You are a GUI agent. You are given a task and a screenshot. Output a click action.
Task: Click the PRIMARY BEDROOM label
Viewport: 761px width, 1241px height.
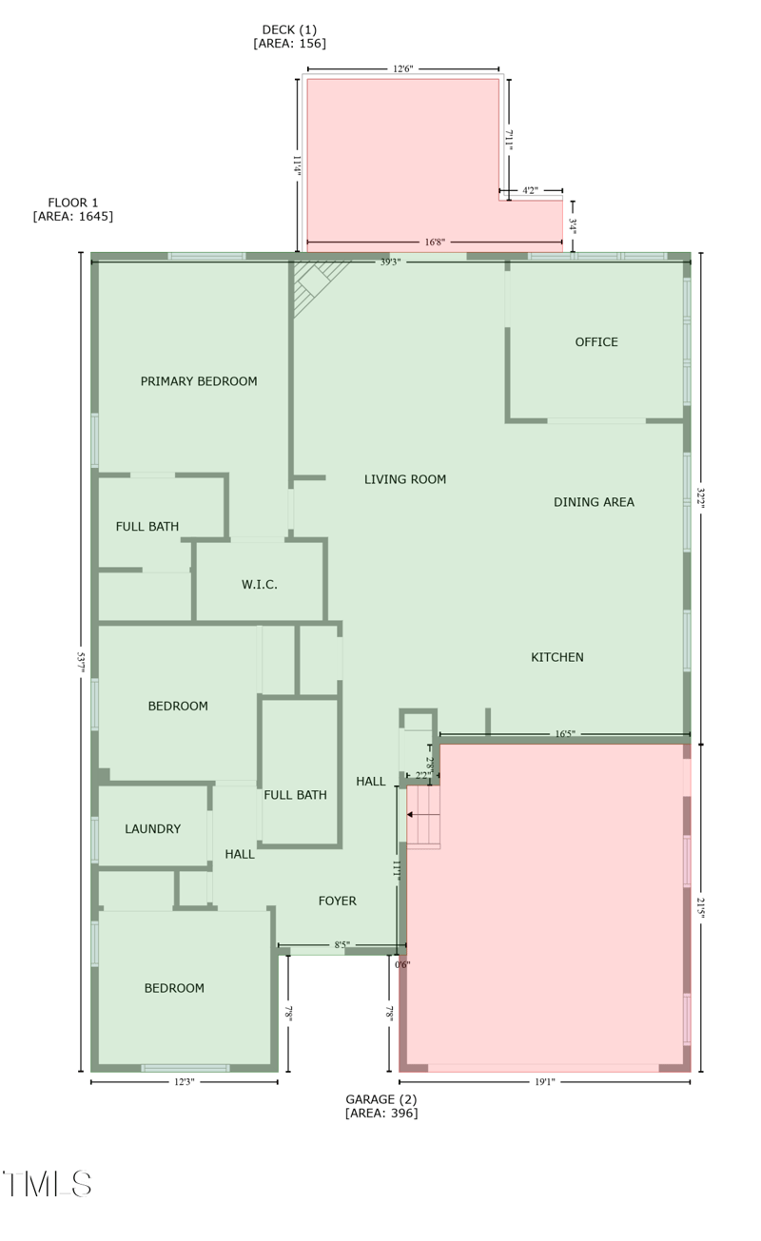pyautogui.click(x=199, y=381)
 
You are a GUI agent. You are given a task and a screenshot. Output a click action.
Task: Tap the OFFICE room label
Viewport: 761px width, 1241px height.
pyautogui.click(x=596, y=342)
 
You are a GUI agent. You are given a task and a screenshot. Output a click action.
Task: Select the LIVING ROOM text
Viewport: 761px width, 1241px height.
pyautogui.click(x=405, y=479)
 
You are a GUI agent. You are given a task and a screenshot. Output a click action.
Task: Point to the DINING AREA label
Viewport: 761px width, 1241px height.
pyautogui.click(x=594, y=502)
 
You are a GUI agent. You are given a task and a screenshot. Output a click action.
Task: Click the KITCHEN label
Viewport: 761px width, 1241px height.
pyautogui.click(x=557, y=657)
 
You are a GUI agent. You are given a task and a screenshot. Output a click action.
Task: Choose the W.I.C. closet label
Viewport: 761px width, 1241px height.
pyautogui.click(x=260, y=585)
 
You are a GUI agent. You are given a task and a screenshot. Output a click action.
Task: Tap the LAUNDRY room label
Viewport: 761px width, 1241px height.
pyautogui.click(x=152, y=829)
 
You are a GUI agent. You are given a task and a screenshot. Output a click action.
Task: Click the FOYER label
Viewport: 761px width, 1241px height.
pyautogui.click(x=338, y=901)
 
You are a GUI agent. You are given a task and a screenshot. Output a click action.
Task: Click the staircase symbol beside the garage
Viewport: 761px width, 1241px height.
pyautogui.click(x=423, y=816)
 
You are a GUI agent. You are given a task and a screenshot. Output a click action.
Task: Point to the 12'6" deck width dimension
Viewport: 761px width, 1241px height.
pyautogui.click(x=402, y=68)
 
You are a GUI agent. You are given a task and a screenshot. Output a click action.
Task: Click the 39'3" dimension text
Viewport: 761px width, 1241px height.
pyautogui.click(x=389, y=262)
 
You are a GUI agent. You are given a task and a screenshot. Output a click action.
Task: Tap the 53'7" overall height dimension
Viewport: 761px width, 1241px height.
pyautogui.click(x=82, y=662)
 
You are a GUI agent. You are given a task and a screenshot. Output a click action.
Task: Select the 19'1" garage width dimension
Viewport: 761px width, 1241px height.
pyautogui.click(x=544, y=1081)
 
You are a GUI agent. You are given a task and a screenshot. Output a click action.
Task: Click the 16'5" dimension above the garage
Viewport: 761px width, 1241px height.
pyautogui.click(x=565, y=734)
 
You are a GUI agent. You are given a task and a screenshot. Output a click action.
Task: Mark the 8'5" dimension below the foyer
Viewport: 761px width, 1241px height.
pyautogui.click(x=341, y=945)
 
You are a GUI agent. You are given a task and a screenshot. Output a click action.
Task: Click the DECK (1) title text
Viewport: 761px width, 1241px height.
pyautogui.click(x=289, y=29)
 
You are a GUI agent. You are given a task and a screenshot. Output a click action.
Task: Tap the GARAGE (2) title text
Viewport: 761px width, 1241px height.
pyautogui.click(x=380, y=1099)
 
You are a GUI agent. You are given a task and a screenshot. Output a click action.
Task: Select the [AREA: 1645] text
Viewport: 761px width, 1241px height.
pyautogui.click(x=73, y=217)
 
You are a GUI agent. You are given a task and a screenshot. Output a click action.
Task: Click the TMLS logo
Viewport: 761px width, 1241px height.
pyautogui.click(x=47, y=1184)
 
